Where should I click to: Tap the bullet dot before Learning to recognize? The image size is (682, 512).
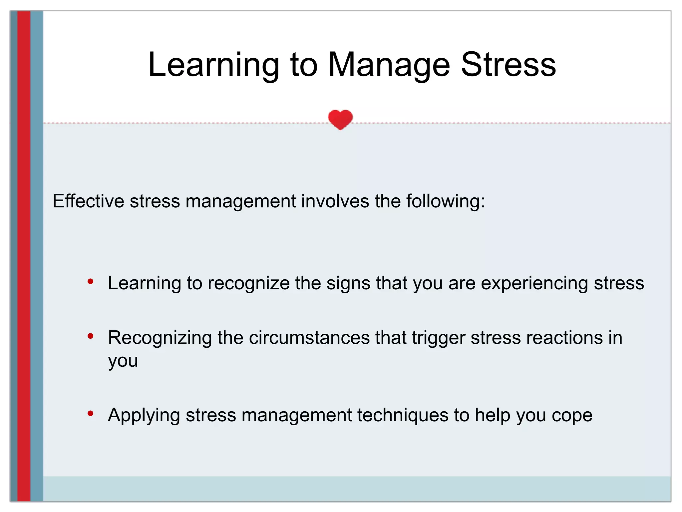point(90,282)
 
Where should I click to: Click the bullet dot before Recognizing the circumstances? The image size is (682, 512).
point(90,336)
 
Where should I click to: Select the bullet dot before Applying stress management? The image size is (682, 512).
point(90,414)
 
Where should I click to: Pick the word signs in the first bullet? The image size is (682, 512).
point(348,283)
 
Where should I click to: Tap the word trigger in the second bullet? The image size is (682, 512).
point(438,338)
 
